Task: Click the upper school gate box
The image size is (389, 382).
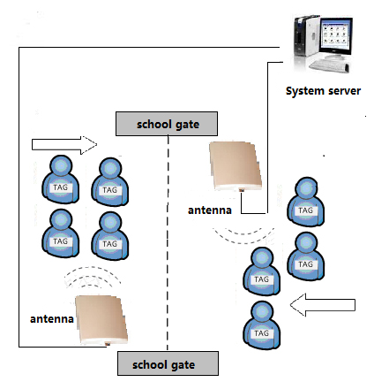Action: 167,124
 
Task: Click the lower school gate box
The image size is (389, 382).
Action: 168,363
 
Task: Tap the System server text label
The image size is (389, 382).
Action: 323,91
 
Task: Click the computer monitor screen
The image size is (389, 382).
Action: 336,35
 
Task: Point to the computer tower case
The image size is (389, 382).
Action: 306,36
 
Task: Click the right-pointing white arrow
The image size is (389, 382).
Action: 64,145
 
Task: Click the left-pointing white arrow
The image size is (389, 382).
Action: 323,305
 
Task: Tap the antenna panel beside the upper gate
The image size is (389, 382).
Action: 236,166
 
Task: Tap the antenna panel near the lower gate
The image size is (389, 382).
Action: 101,320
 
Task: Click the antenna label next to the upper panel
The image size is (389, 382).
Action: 210,210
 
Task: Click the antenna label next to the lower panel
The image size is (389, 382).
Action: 52,319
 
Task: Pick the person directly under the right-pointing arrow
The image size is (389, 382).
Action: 60,180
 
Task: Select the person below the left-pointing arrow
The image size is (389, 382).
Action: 261,325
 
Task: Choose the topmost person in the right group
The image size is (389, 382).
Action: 306,202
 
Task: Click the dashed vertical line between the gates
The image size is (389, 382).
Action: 168,243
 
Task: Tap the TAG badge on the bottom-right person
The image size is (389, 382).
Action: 261,333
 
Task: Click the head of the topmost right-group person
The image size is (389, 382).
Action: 306,188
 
